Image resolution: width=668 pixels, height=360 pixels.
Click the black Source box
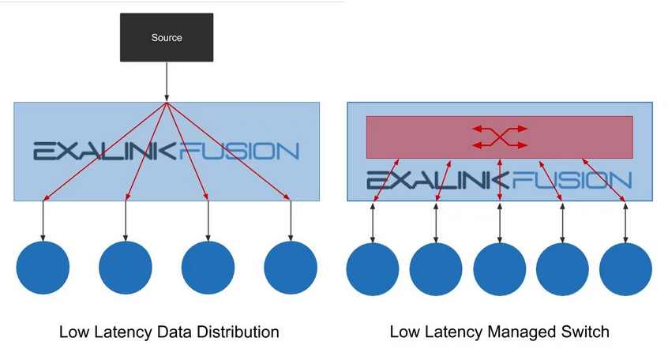coord(167,37)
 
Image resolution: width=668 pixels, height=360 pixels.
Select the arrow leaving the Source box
coord(167,81)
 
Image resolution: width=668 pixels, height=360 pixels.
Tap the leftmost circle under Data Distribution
coord(43,268)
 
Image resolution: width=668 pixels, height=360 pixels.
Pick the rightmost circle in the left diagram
coord(291,268)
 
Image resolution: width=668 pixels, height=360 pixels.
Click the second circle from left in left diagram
coord(126,268)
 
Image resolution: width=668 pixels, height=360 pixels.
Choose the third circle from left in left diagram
coord(208,268)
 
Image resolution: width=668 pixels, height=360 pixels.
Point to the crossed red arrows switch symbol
coord(499,137)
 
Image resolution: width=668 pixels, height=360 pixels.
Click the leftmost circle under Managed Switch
coord(373,269)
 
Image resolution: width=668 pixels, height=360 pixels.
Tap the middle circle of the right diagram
coord(500,269)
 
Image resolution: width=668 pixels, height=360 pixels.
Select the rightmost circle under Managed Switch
coord(625,269)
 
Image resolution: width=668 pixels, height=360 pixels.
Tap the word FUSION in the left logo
coord(240,151)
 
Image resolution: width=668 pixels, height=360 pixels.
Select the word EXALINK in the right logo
coord(439,181)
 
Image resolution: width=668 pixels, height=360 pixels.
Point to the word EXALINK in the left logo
coord(105,151)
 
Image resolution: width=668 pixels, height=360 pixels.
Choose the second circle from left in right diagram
coord(436,269)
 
